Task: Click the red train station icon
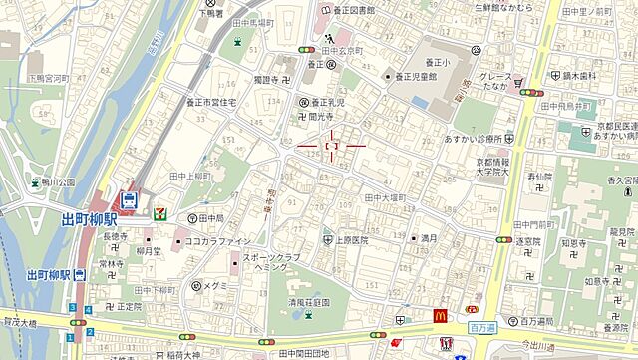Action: [x=129, y=199]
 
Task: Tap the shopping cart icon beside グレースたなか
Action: [x=518, y=81]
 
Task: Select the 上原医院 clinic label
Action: [x=351, y=240]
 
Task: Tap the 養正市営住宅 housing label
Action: [x=213, y=101]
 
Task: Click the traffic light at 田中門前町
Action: [x=502, y=239]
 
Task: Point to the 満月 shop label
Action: [x=429, y=238]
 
